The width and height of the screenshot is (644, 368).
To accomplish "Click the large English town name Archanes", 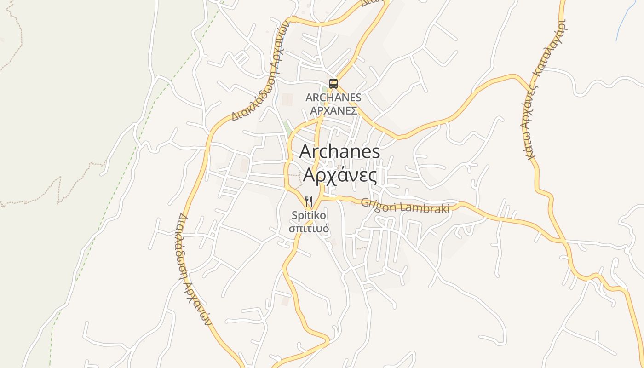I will tap(339, 151).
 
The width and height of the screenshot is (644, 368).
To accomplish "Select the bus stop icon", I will tap(333, 84).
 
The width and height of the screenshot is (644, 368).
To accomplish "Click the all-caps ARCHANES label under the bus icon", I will tap(333, 98).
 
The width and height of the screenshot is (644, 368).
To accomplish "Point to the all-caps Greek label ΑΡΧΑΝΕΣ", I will tap(333, 110).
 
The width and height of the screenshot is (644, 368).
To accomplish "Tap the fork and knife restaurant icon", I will tap(309, 201).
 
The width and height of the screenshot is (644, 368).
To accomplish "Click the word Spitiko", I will tap(309, 215).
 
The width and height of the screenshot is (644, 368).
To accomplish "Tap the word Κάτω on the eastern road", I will tap(530, 146).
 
